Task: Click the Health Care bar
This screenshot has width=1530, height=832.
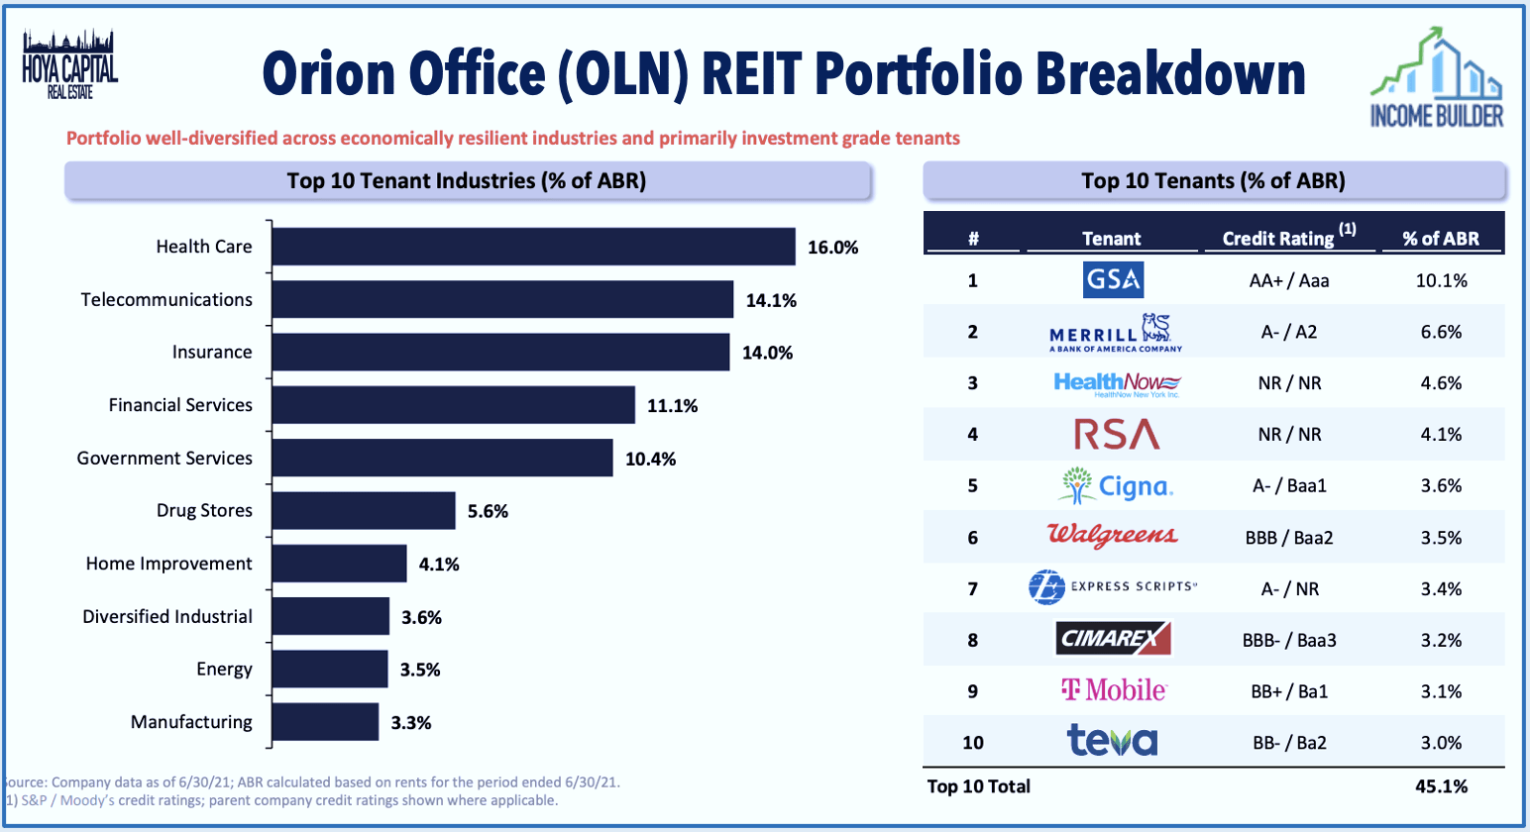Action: [533, 247]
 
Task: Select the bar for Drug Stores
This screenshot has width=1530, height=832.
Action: [363, 511]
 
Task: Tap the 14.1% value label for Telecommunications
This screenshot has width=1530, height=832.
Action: [771, 300]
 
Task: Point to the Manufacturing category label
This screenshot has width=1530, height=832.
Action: [191, 722]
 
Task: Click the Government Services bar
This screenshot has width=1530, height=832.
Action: [442, 459]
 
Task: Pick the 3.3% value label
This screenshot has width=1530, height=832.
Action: [410, 723]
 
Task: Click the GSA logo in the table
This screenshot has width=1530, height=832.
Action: [1113, 280]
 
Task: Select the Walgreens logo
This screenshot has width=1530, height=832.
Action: [1113, 536]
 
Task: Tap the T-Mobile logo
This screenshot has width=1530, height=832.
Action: [1113, 690]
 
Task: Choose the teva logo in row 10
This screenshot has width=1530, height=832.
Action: [1112, 741]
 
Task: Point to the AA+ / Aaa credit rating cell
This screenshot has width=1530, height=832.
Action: [1289, 280]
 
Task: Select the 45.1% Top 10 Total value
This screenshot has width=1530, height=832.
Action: [1441, 786]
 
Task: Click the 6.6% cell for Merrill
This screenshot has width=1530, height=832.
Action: [1441, 332]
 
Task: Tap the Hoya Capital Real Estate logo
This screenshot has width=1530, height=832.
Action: [69, 65]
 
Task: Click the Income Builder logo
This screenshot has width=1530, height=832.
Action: [1437, 79]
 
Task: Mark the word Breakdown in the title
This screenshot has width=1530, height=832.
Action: [1170, 74]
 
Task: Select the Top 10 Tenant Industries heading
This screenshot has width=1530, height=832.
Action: [467, 181]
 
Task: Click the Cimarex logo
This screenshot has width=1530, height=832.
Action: [1114, 639]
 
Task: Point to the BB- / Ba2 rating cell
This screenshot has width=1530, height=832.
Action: [1289, 743]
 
